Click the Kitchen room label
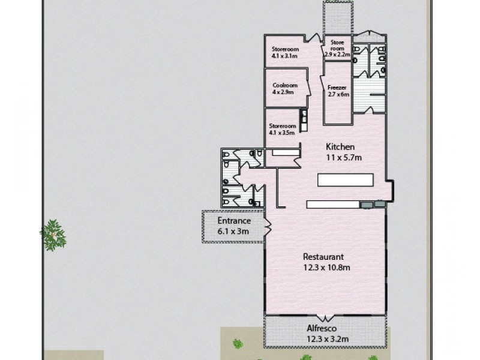pos(340,147)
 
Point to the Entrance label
pos(233,221)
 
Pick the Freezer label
pos(336,86)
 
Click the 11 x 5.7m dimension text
pos(344,158)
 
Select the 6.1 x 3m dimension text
pos(233,231)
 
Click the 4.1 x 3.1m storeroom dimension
pos(285,56)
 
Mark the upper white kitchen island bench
pos(345,179)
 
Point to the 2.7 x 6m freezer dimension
pos(338,94)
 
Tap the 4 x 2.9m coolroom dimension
pos(283,93)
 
